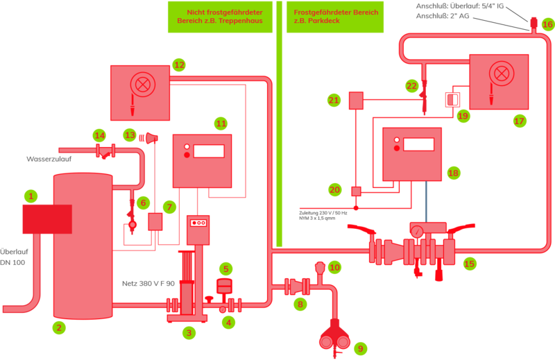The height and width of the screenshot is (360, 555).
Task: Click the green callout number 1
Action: coord(31,196)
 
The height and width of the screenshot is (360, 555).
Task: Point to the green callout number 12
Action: coord(179,65)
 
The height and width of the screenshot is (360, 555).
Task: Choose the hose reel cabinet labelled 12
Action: coord(140,92)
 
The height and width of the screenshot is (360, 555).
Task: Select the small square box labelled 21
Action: coord(356,101)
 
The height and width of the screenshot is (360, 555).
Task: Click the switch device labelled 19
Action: coord(452,99)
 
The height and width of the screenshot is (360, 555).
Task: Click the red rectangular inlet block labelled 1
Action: coord(46,219)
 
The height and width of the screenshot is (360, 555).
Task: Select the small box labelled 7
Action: coord(155,222)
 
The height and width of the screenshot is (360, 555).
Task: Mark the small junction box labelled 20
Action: coord(356,191)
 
